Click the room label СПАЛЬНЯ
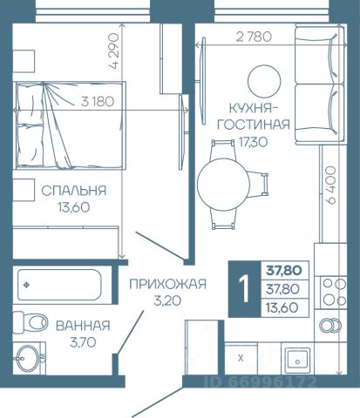coord(74,191)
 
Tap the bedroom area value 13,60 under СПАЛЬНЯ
coord(74,207)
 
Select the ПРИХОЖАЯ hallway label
coord(167,284)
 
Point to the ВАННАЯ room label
coord(83,326)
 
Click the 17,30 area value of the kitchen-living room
coord(253,142)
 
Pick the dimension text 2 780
coord(254,37)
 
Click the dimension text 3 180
coord(98,101)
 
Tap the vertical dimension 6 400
coord(330,185)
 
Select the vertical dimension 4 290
coord(113,51)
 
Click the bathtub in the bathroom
coord(59,285)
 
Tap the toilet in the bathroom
coord(31,322)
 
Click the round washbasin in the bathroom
coord(28,358)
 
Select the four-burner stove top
coord(333,292)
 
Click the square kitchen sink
coord(297,361)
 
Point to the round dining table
coord(223,185)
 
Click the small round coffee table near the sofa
coord(264,81)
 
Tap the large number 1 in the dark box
coord(244,289)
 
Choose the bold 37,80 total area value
coord(284,271)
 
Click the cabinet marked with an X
coord(241,358)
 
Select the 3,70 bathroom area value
coord(83,342)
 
